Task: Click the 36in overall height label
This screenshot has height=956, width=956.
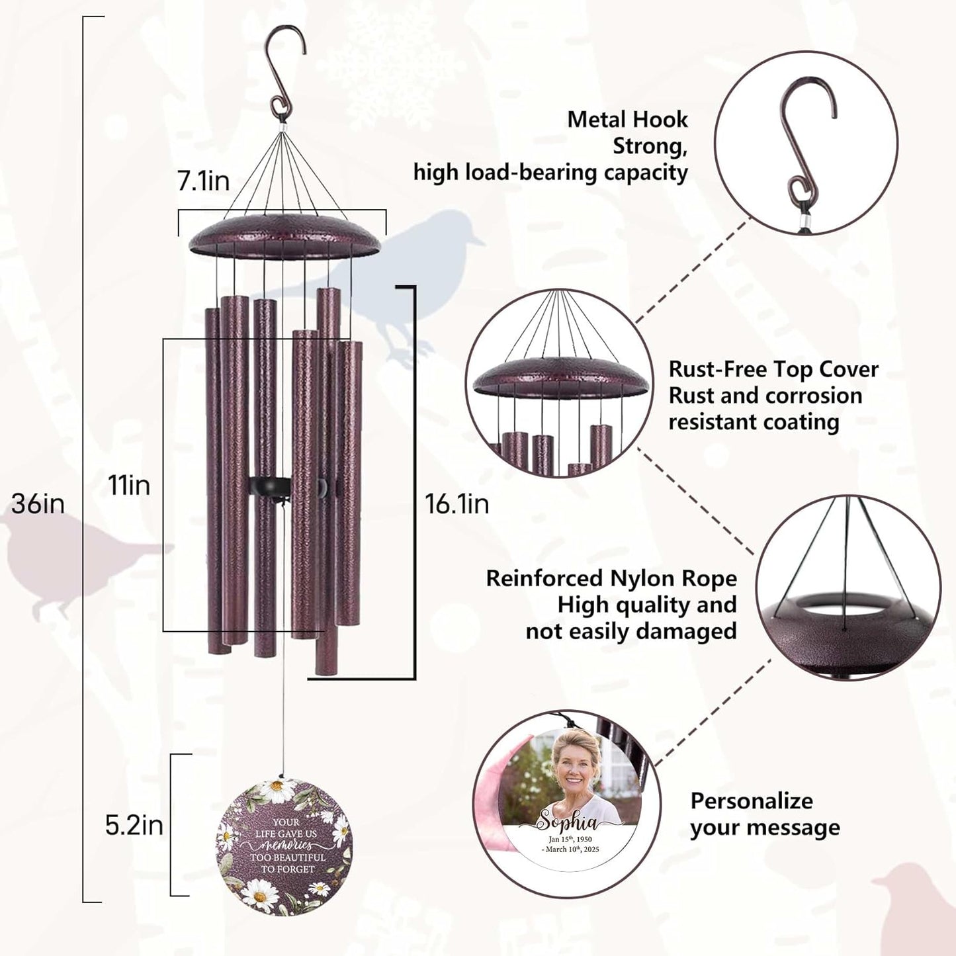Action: (38, 504)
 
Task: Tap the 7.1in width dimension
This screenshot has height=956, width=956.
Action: (203, 181)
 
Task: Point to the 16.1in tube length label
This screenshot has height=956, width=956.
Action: (456, 504)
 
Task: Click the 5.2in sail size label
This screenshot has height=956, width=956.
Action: (134, 826)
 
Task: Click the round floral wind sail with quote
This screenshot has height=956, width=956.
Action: (284, 847)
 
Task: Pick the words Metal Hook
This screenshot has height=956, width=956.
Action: (627, 120)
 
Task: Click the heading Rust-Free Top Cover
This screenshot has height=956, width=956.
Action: (773, 369)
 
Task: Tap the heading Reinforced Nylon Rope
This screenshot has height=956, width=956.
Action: (611, 578)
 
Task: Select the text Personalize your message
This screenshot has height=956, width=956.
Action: (765, 814)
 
